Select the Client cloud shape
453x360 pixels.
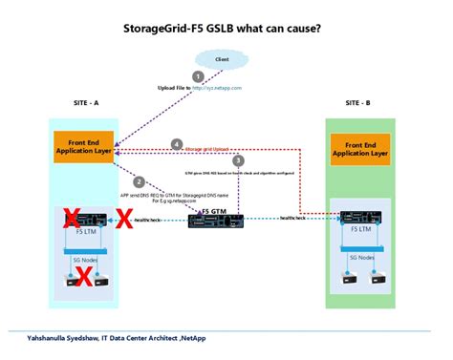(x=222, y=59)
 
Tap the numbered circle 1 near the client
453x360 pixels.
(x=198, y=75)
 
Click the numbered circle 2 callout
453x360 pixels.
(x=140, y=181)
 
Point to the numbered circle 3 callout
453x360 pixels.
(x=238, y=160)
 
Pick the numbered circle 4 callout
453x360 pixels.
(x=176, y=144)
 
